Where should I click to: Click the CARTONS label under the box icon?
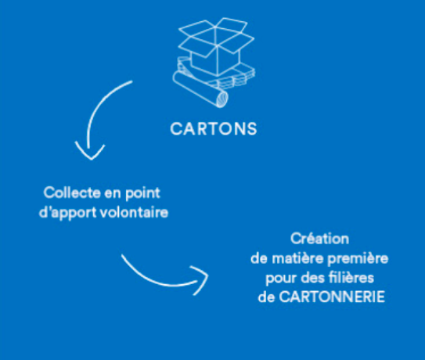coord(214,129)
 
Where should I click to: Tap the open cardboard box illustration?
coord(216,46)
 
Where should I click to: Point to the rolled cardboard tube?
coord(200,89)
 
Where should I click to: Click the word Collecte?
coord(72,193)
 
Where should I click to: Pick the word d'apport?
coord(68,213)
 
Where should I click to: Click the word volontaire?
coord(135,212)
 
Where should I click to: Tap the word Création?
coord(320,239)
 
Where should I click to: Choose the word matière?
coord(297,258)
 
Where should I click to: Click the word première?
coord(358,259)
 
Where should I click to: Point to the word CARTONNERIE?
coord(332,297)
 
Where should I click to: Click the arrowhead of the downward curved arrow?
coord(90,152)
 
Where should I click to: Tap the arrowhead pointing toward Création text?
coord(200,279)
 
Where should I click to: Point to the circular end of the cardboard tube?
coord(222,99)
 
